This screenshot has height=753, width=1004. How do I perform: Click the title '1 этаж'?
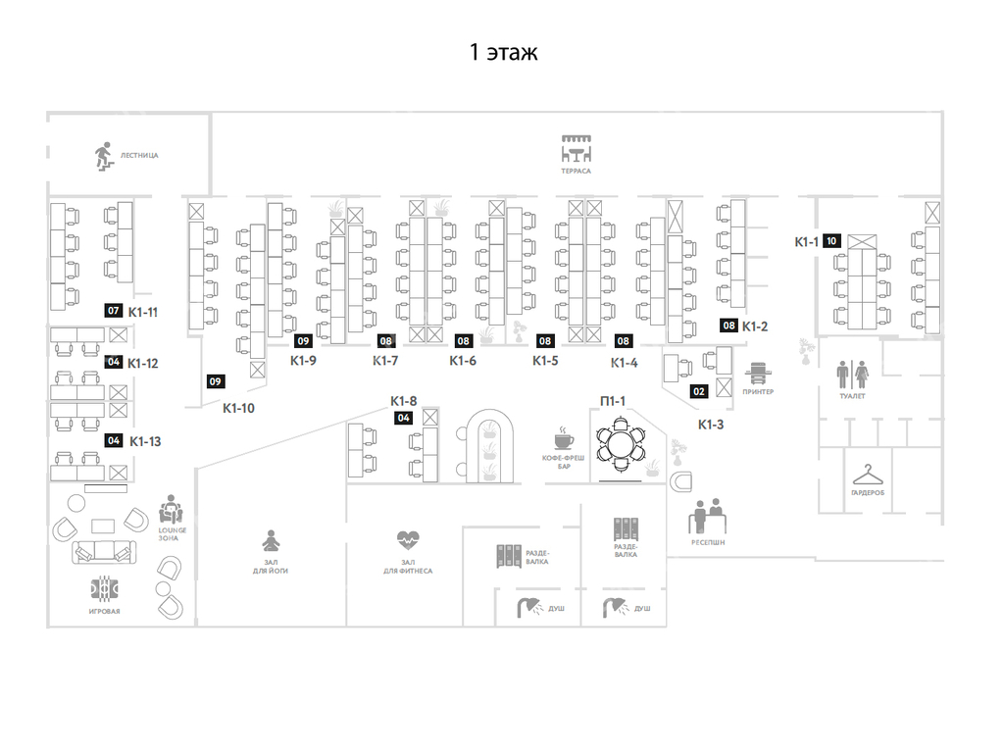tap(503, 52)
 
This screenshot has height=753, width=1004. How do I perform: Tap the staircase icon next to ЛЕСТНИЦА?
tap(104, 156)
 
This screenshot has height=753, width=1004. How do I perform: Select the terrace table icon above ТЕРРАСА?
tap(577, 149)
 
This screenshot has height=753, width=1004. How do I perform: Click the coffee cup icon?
tap(564, 438)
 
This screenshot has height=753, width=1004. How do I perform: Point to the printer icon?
tap(758, 374)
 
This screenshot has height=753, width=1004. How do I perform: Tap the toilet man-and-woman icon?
tap(853, 374)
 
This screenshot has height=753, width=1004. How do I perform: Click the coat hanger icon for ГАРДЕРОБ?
tap(868, 476)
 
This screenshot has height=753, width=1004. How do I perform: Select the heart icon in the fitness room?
tap(408, 540)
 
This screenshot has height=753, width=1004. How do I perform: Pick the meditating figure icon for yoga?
tap(271, 541)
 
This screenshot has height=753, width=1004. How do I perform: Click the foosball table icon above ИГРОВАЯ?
tap(104, 589)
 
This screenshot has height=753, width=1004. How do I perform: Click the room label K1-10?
tap(238, 408)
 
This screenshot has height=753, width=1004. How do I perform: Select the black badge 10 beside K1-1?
tap(831, 241)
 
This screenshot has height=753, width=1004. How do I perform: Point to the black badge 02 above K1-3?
tap(698, 391)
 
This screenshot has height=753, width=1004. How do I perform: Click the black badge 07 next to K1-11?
tap(114, 311)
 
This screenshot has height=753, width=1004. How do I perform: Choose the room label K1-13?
tap(145, 441)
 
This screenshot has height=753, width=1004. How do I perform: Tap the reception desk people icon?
tap(708, 516)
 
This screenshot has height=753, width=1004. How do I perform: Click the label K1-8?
tap(403, 401)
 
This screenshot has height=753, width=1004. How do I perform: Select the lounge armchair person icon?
tap(171, 510)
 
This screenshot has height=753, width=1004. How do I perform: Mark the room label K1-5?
tap(545, 361)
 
